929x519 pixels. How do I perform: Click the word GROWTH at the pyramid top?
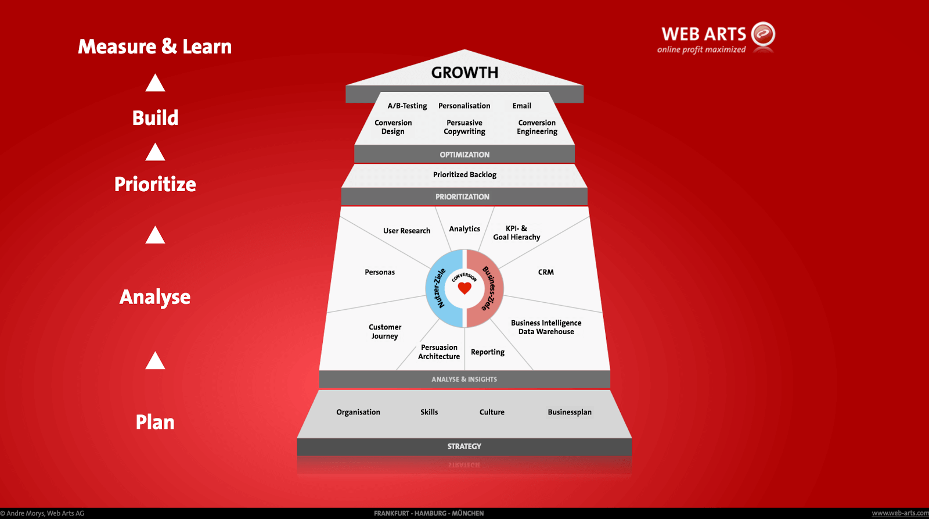464,73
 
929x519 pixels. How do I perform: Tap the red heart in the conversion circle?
464,288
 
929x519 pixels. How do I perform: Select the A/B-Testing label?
407,106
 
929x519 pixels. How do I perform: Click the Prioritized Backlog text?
464,175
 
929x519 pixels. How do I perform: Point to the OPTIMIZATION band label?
464,155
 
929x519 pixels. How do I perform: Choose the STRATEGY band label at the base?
464,446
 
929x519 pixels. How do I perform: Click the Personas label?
380,273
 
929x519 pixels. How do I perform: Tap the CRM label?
546,272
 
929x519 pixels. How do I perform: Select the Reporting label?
488,352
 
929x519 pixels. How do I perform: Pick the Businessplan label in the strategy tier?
570,412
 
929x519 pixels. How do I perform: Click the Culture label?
492,412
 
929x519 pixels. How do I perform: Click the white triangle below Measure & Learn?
155,83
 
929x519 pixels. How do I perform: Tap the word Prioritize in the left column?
155,184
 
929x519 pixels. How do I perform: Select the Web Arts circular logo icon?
763,34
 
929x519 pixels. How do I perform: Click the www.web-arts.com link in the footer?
900,513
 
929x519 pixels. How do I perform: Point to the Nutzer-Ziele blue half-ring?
439,288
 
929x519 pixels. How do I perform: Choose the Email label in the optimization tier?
522,106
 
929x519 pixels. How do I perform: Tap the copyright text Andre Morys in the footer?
42,514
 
